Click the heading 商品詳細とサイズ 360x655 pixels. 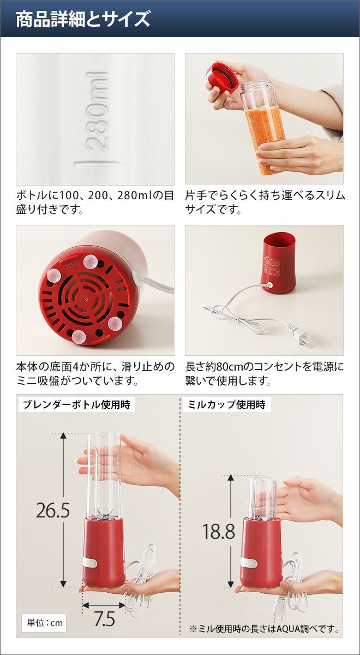click(83, 19)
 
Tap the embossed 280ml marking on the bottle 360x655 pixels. click(97, 111)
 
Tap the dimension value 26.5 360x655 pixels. click(53, 510)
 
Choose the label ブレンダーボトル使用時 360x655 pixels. click(76, 404)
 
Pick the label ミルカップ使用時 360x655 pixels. click(226, 404)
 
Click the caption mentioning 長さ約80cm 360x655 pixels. click(265, 373)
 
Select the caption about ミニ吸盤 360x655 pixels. click(95, 373)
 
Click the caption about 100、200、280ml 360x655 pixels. click(95, 203)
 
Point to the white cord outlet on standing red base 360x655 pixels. click(270, 284)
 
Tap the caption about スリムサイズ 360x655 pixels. click(265, 203)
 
